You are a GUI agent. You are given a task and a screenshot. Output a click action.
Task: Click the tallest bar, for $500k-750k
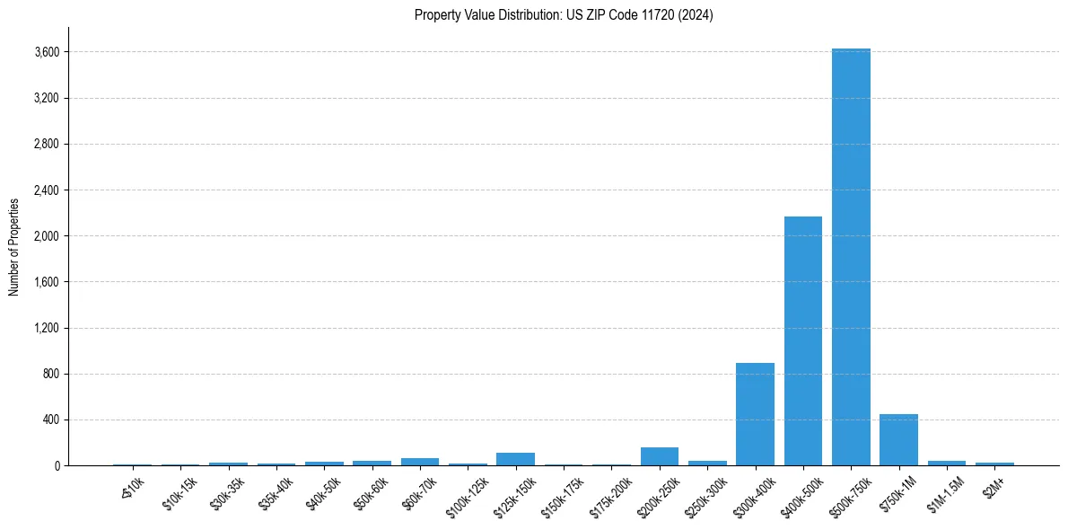tap(851, 257)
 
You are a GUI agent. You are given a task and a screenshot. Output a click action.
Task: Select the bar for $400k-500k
tap(802, 341)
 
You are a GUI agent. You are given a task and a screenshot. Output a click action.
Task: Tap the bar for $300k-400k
tap(755, 414)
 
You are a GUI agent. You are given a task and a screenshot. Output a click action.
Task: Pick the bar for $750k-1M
tap(898, 440)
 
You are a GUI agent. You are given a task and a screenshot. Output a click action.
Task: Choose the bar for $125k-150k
tap(515, 459)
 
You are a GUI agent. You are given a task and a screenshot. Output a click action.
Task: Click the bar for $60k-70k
tap(419, 462)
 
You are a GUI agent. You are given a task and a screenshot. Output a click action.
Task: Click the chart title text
tap(564, 15)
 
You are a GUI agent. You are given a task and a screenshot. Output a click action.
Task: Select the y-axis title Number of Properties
tap(14, 246)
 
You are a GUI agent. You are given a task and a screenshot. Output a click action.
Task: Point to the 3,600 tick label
tap(46, 52)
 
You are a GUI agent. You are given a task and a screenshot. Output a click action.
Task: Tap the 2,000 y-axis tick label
tap(46, 236)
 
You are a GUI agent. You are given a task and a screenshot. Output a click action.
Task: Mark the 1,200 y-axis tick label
tap(46, 328)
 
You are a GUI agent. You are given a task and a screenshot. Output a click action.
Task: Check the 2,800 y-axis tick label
tap(46, 144)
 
